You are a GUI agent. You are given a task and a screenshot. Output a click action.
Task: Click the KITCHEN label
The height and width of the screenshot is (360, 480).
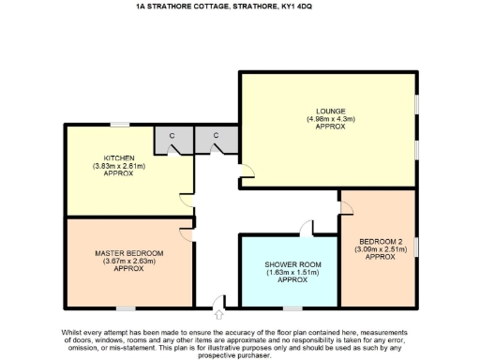pos(119,157)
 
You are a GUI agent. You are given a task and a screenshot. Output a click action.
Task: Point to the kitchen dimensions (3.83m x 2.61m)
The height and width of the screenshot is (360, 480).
pos(119,166)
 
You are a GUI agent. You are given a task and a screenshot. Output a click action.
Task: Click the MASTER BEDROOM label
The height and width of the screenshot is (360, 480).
pos(128,253)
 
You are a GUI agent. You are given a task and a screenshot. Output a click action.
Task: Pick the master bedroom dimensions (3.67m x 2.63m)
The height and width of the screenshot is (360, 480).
pos(128,261)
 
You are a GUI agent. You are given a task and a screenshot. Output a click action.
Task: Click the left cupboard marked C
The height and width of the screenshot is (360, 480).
pos(172,136)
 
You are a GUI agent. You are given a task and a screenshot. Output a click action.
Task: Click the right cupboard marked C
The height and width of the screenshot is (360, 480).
pos(216,136)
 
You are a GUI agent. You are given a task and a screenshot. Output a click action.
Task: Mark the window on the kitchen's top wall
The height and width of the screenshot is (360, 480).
pos(119,125)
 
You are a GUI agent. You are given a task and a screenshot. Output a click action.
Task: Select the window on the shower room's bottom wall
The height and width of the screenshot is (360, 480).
pos(292,307)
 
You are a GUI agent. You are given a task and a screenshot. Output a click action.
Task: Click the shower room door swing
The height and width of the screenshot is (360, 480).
pos(306,228)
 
